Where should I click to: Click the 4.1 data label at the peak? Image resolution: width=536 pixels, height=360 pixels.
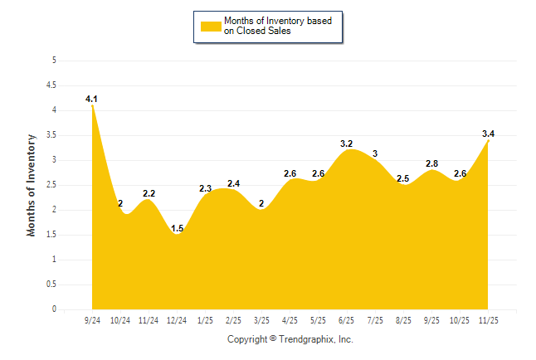pyautogui.click(x=91, y=100)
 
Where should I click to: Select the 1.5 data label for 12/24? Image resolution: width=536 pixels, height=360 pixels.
pyautogui.click(x=178, y=228)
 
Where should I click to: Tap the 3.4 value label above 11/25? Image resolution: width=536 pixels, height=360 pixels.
pyautogui.click(x=488, y=134)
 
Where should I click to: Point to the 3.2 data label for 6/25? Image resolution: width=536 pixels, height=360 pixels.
pyautogui.click(x=347, y=144)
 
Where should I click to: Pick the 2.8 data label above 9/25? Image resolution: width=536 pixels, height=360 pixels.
pyautogui.click(x=431, y=163)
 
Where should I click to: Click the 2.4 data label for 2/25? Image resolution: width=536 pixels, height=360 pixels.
pyautogui.click(x=234, y=183)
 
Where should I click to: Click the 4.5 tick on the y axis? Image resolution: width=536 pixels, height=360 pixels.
pyautogui.click(x=51, y=85)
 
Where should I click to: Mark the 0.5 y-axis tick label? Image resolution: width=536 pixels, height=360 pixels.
pyautogui.click(x=51, y=285)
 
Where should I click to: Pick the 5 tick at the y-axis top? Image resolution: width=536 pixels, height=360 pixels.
pyautogui.click(x=54, y=60)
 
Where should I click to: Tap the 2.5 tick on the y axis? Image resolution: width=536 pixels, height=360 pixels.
pyautogui.click(x=51, y=185)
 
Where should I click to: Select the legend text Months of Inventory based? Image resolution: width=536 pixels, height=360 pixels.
pyautogui.click(x=276, y=21)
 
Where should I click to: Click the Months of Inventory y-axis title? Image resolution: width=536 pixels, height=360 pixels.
pyautogui.click(x=32, y=185)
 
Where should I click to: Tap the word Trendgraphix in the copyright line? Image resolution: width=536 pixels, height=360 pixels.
pyautogui.click(x=306, y=339)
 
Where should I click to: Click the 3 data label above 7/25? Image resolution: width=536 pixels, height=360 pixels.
pyautogui.click(x=375, y=153)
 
